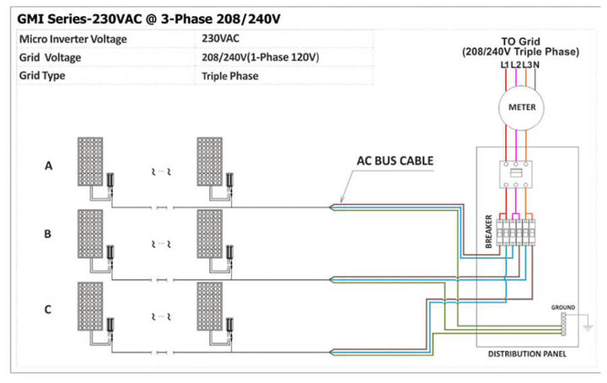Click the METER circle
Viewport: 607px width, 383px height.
tap(521, 108)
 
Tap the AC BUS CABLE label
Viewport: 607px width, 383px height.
tap(395, 161)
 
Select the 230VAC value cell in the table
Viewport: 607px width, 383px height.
tap(220, 38)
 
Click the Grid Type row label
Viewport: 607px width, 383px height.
tap(42, 76)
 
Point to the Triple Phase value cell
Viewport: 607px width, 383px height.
tap(230, 76)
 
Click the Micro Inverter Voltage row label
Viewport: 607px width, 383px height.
tap(73, 39)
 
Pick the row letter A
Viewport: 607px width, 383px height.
tap(48, 165)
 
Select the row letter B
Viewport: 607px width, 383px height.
tap(47, 234)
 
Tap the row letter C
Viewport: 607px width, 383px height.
tap(47, 310)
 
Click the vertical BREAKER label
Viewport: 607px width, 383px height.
tap(488, 231)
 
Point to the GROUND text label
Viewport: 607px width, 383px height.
tap(563, 307)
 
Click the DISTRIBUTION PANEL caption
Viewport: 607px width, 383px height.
tap(527, 353)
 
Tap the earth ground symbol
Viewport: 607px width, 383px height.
tap(588, 327)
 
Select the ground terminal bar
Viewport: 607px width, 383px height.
tap(563, 324)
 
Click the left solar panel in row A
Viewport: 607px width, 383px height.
tap(90, 161)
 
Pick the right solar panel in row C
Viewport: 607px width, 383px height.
tap(209, 306)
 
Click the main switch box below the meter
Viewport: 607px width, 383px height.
tap(516, 175)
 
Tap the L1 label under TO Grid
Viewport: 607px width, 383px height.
tap(505, 65)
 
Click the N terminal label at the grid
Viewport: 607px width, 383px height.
tap(536, 65)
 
